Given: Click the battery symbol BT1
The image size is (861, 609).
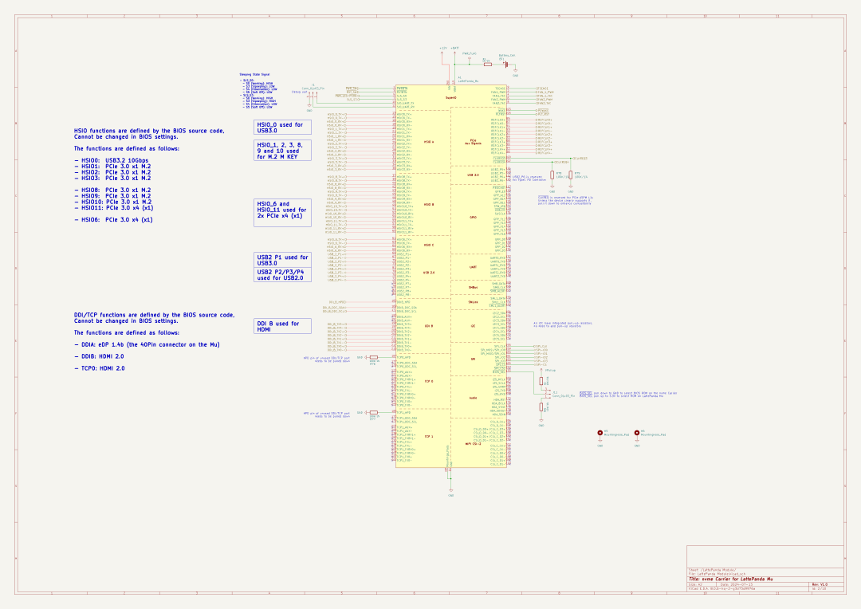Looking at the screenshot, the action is pyautogui.click(x=505, y=65).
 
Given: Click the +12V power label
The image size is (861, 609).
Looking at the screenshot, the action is pyautogui.click(x=442, y=48).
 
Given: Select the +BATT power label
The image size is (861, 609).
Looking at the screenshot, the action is pyautogui.click(x=454, y=48).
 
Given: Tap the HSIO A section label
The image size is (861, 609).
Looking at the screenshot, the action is pyautogui.click(x=428, y=142).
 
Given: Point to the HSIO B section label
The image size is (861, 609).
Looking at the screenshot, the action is pyautogui.click(x=428, y=205).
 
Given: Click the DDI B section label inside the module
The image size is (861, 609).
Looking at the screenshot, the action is pyautogui.click(x=428, y=326).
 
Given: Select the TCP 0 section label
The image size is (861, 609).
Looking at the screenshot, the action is pyautogui.click(x=428, y=382).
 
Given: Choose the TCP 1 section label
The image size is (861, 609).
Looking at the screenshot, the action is pyautogui.click(x=428, y=437).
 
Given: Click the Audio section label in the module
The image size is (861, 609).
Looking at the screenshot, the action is pyautogui.click(x=473, y=398).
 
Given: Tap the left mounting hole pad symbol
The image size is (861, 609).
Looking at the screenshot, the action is pyautogui.click(x=600, y=433).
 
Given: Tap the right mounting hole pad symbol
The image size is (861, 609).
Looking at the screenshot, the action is pyautogui.click(x=637, y=433).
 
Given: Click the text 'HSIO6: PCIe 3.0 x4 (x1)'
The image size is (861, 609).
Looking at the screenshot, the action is pyautogui.click(x=116, y=219).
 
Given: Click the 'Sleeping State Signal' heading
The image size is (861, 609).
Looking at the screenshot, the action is pyautogui.click(x=254, y=74).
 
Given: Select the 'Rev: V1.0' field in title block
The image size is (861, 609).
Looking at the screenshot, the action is pyautogui.click(x=820, y=584).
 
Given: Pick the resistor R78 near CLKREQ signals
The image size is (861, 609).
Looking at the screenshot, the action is pyautogui.click(x=552, y=175).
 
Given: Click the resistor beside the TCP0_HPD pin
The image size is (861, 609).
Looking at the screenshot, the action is pyautogui.click(x=374, y=357).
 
